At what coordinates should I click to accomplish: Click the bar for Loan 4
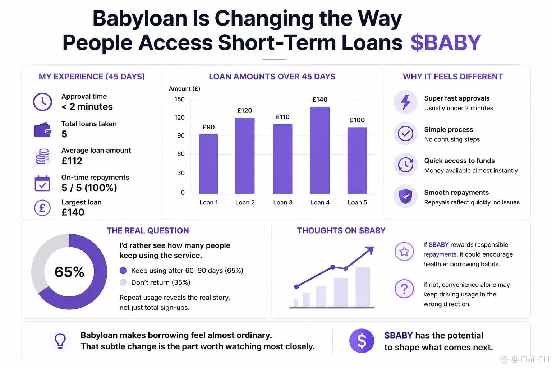pos(319,150)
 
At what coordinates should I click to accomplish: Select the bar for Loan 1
pos(208,164)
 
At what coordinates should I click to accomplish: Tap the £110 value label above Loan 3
pos(282,117)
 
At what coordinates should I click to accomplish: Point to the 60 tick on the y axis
pos(181,154)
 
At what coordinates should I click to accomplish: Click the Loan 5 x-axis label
pos(357,202)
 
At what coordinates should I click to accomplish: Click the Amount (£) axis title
pos(184,89)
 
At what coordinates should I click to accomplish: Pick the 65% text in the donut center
pos(69,272)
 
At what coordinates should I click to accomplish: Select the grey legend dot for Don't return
pos(123,282)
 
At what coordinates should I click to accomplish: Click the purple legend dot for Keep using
pos(123,270)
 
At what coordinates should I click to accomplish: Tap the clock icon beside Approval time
pos(42,102)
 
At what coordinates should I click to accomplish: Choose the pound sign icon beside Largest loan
pos(42,208)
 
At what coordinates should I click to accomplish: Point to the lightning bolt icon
pos(406,102)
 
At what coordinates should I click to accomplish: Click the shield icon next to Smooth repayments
pos(406,196)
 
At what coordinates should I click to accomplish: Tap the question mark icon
pos(404,289)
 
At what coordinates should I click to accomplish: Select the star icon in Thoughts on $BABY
pos(404,252)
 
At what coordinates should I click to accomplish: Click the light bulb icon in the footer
pos(60,341)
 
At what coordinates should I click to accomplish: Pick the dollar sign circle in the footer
pos(362,341)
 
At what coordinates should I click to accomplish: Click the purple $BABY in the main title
pos(446,42)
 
